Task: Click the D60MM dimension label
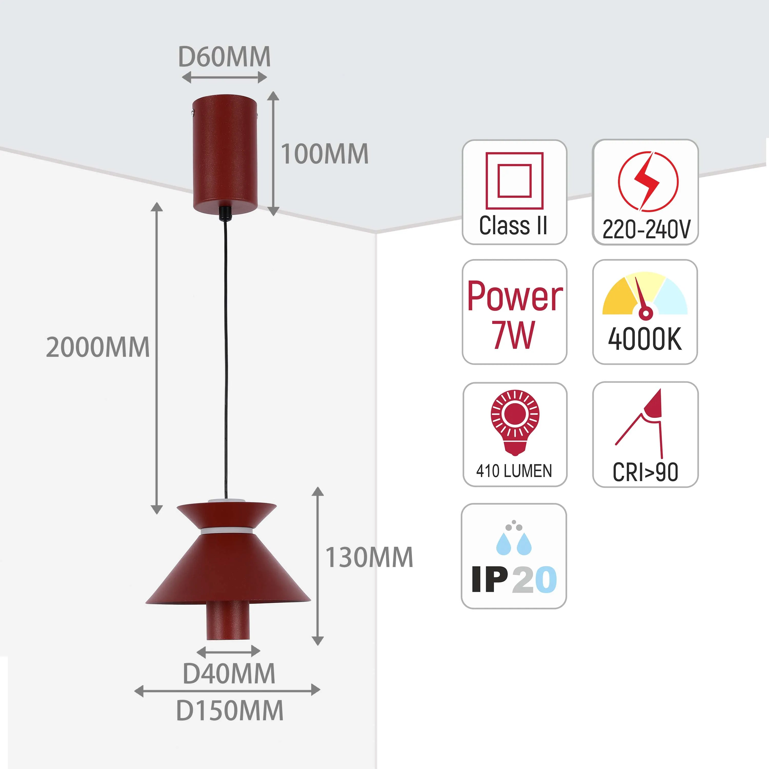point(224,57)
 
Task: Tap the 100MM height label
point(325,154)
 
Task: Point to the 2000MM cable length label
point(97,347)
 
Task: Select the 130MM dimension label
point(369,557)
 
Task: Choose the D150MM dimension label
point(230,711)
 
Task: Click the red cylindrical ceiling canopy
point(225,153)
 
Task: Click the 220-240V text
point(646,230)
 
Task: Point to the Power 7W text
point(514,315)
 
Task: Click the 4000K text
point(645,339)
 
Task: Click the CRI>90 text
point(645,472)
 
